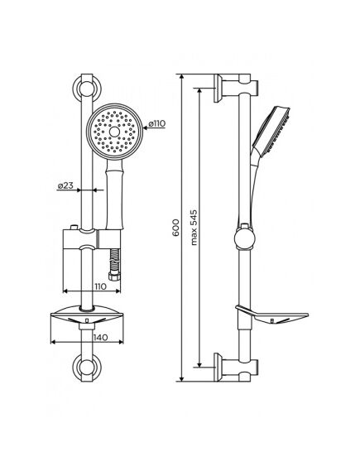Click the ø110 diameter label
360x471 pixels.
click(156, 125)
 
